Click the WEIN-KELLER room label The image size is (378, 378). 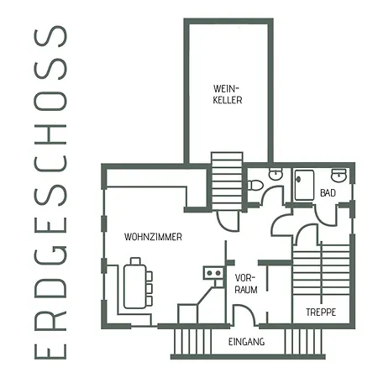pos(228,94)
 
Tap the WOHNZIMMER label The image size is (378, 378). pos(153,237)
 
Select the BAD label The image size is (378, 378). pos(328,193)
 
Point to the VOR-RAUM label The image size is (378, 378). pos(246,284)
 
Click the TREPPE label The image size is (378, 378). pos(321,312)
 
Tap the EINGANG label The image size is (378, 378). pos(246,342)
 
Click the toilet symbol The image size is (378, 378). pos(255,186)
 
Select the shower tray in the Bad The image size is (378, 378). pos(304,185)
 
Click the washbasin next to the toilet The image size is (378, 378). pos(276,174)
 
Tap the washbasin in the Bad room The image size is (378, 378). pos(339,175)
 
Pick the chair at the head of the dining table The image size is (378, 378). pos(135,261)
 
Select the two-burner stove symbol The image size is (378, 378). pos(213,273)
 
